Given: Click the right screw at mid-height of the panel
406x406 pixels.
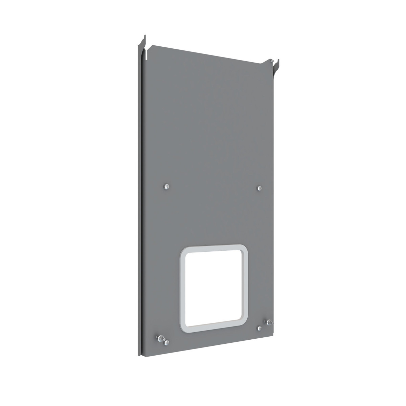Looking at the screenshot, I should [x=259, y=188].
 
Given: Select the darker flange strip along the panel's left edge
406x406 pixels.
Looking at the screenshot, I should [x=140, y=203].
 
